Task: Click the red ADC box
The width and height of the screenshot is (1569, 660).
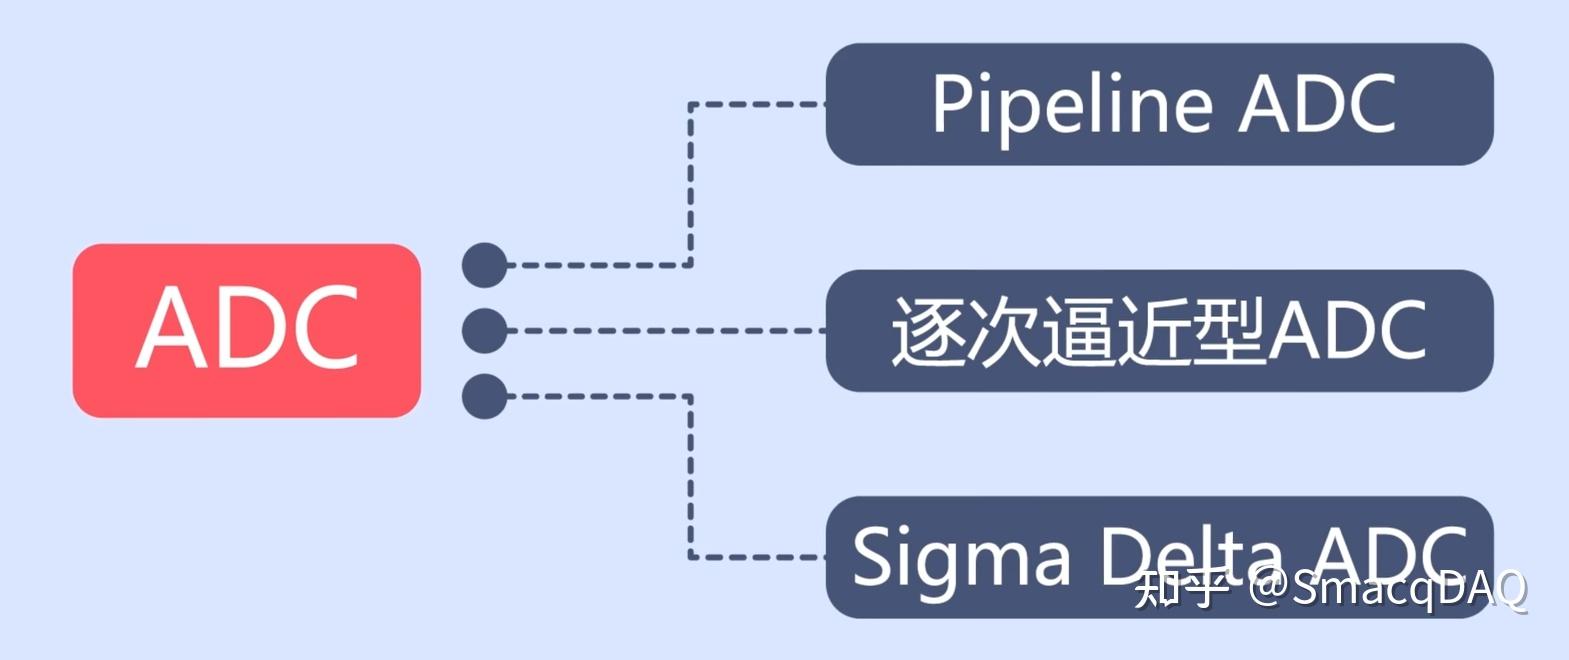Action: pos(246,330)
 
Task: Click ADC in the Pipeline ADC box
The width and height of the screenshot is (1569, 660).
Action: pos(1317,104)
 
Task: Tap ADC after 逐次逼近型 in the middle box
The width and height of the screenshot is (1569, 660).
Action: pos(1347,331)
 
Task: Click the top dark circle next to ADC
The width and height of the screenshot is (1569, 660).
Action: pos(485,265)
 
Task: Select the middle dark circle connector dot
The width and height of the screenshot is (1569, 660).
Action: pos(485,330)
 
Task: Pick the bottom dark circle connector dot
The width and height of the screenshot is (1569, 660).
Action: pos(485,396)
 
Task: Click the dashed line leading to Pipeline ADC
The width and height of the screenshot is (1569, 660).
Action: pos(690,180)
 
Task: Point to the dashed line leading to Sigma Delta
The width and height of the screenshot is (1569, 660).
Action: pos(690,480)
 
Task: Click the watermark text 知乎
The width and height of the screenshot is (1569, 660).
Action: pos(1180,589)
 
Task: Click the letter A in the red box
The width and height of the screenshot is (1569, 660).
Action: pos(170,328)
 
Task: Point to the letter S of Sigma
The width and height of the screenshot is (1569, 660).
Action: pos(872,556)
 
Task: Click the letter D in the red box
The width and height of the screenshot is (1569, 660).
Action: pos(248,328)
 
